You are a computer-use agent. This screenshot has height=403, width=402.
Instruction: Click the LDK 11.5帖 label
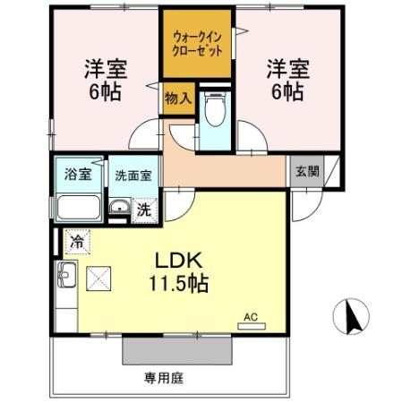[183, 272]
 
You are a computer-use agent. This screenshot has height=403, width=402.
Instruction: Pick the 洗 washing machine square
[143, 210]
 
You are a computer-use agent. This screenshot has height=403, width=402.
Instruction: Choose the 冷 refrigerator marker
[77, 241]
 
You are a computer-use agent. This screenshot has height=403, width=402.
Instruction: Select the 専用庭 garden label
[164, 378]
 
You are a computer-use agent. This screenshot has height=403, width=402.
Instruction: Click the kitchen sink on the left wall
[65, 275]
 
